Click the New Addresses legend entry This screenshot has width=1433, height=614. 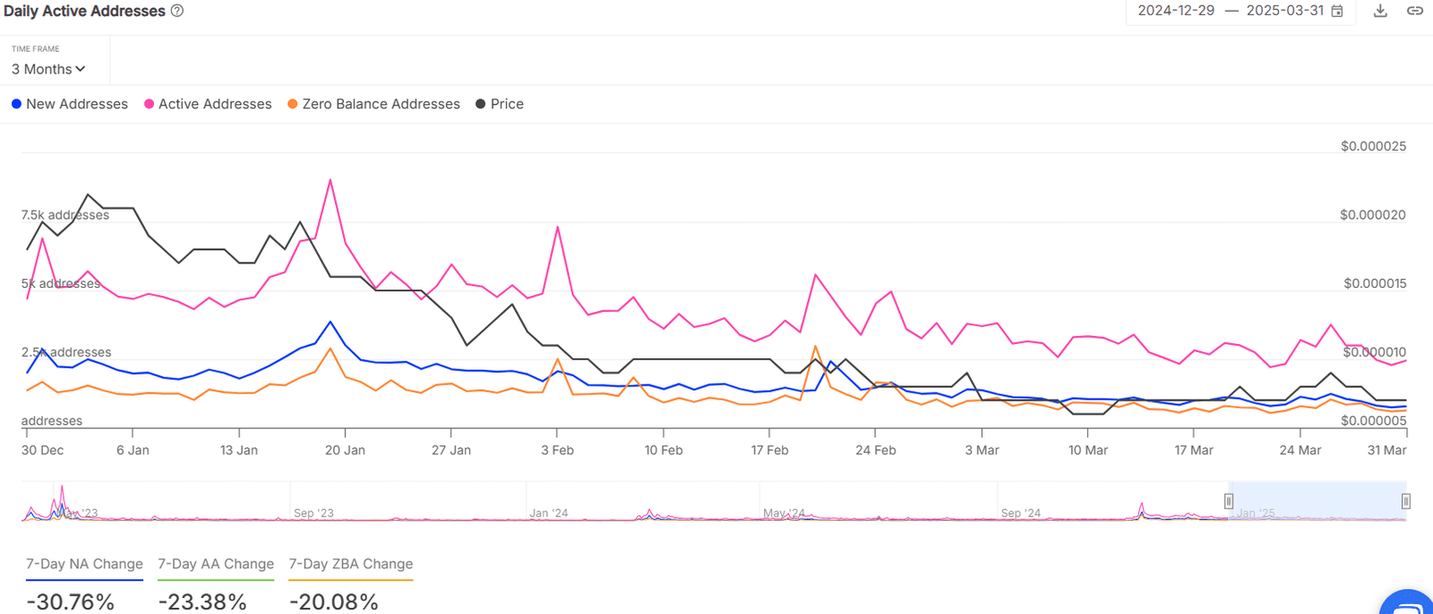(x=70, y=104)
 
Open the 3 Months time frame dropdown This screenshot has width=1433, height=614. (x=48, y=69)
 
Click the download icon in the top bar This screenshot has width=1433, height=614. (x=1380, y=11)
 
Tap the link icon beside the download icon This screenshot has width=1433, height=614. (x=1415, y=11)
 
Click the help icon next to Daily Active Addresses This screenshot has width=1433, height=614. (x=177, y=11)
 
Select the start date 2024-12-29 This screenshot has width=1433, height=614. (x=1176, y=11)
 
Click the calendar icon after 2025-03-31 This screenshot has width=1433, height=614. (x=1337, y=11)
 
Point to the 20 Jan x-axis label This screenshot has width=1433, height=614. (x=345, y=450)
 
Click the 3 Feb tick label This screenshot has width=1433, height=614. (x=557, y=450)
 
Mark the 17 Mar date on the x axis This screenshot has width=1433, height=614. (x=1194, y=450)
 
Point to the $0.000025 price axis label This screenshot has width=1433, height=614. (x=1373, y=146)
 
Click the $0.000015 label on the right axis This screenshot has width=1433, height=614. (x=1375, y=283)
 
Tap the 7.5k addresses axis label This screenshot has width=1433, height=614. (x=65, y=215)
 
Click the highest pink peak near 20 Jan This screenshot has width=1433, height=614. (x=330, y=180)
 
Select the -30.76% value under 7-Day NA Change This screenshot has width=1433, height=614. (x=71, y=601)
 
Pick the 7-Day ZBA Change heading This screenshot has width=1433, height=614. (x=350, y=564)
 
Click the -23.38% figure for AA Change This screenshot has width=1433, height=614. (x=202, y=601)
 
